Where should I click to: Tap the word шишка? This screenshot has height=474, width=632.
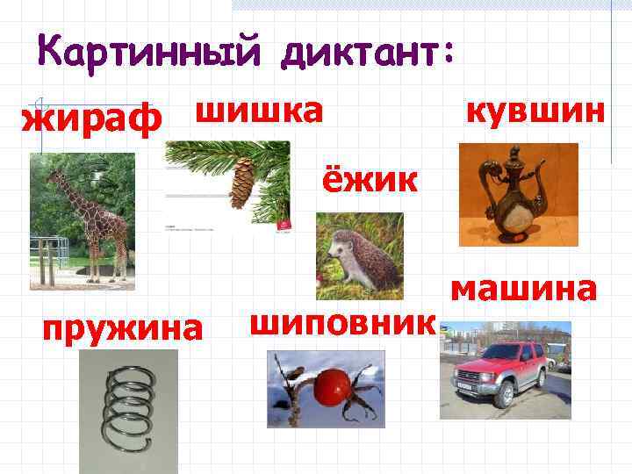[x=258, y=111]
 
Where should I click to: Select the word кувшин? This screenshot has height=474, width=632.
[x=535, y=113]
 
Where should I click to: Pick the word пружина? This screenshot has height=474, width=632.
[x=123, y=328]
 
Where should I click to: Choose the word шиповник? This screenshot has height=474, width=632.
[x=342, y=322]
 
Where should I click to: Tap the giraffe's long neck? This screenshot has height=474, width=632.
[x=69, y=194]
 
